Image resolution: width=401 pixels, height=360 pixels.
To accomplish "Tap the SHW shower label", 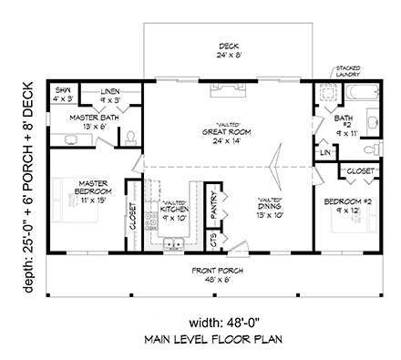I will [x=63, y=91].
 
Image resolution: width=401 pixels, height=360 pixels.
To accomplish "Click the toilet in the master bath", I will [x=131, y=138].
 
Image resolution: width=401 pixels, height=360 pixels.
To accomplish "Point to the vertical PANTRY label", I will [x=212, y=207].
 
